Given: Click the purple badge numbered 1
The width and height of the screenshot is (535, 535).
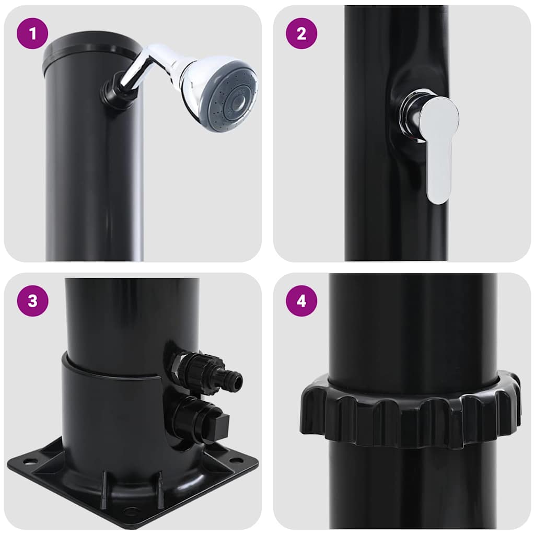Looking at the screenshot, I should (x=32, y=33).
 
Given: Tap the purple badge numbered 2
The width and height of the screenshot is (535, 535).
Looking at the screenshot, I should (x=301, y=33).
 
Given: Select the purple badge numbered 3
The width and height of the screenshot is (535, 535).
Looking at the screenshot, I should (x=32, y=301).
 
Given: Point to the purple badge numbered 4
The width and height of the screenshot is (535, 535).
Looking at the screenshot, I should (x=301, y=301).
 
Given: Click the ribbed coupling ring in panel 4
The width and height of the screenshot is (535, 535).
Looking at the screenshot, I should (x=410, y=410).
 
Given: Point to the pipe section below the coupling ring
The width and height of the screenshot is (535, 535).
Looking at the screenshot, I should (x=413, y=486).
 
